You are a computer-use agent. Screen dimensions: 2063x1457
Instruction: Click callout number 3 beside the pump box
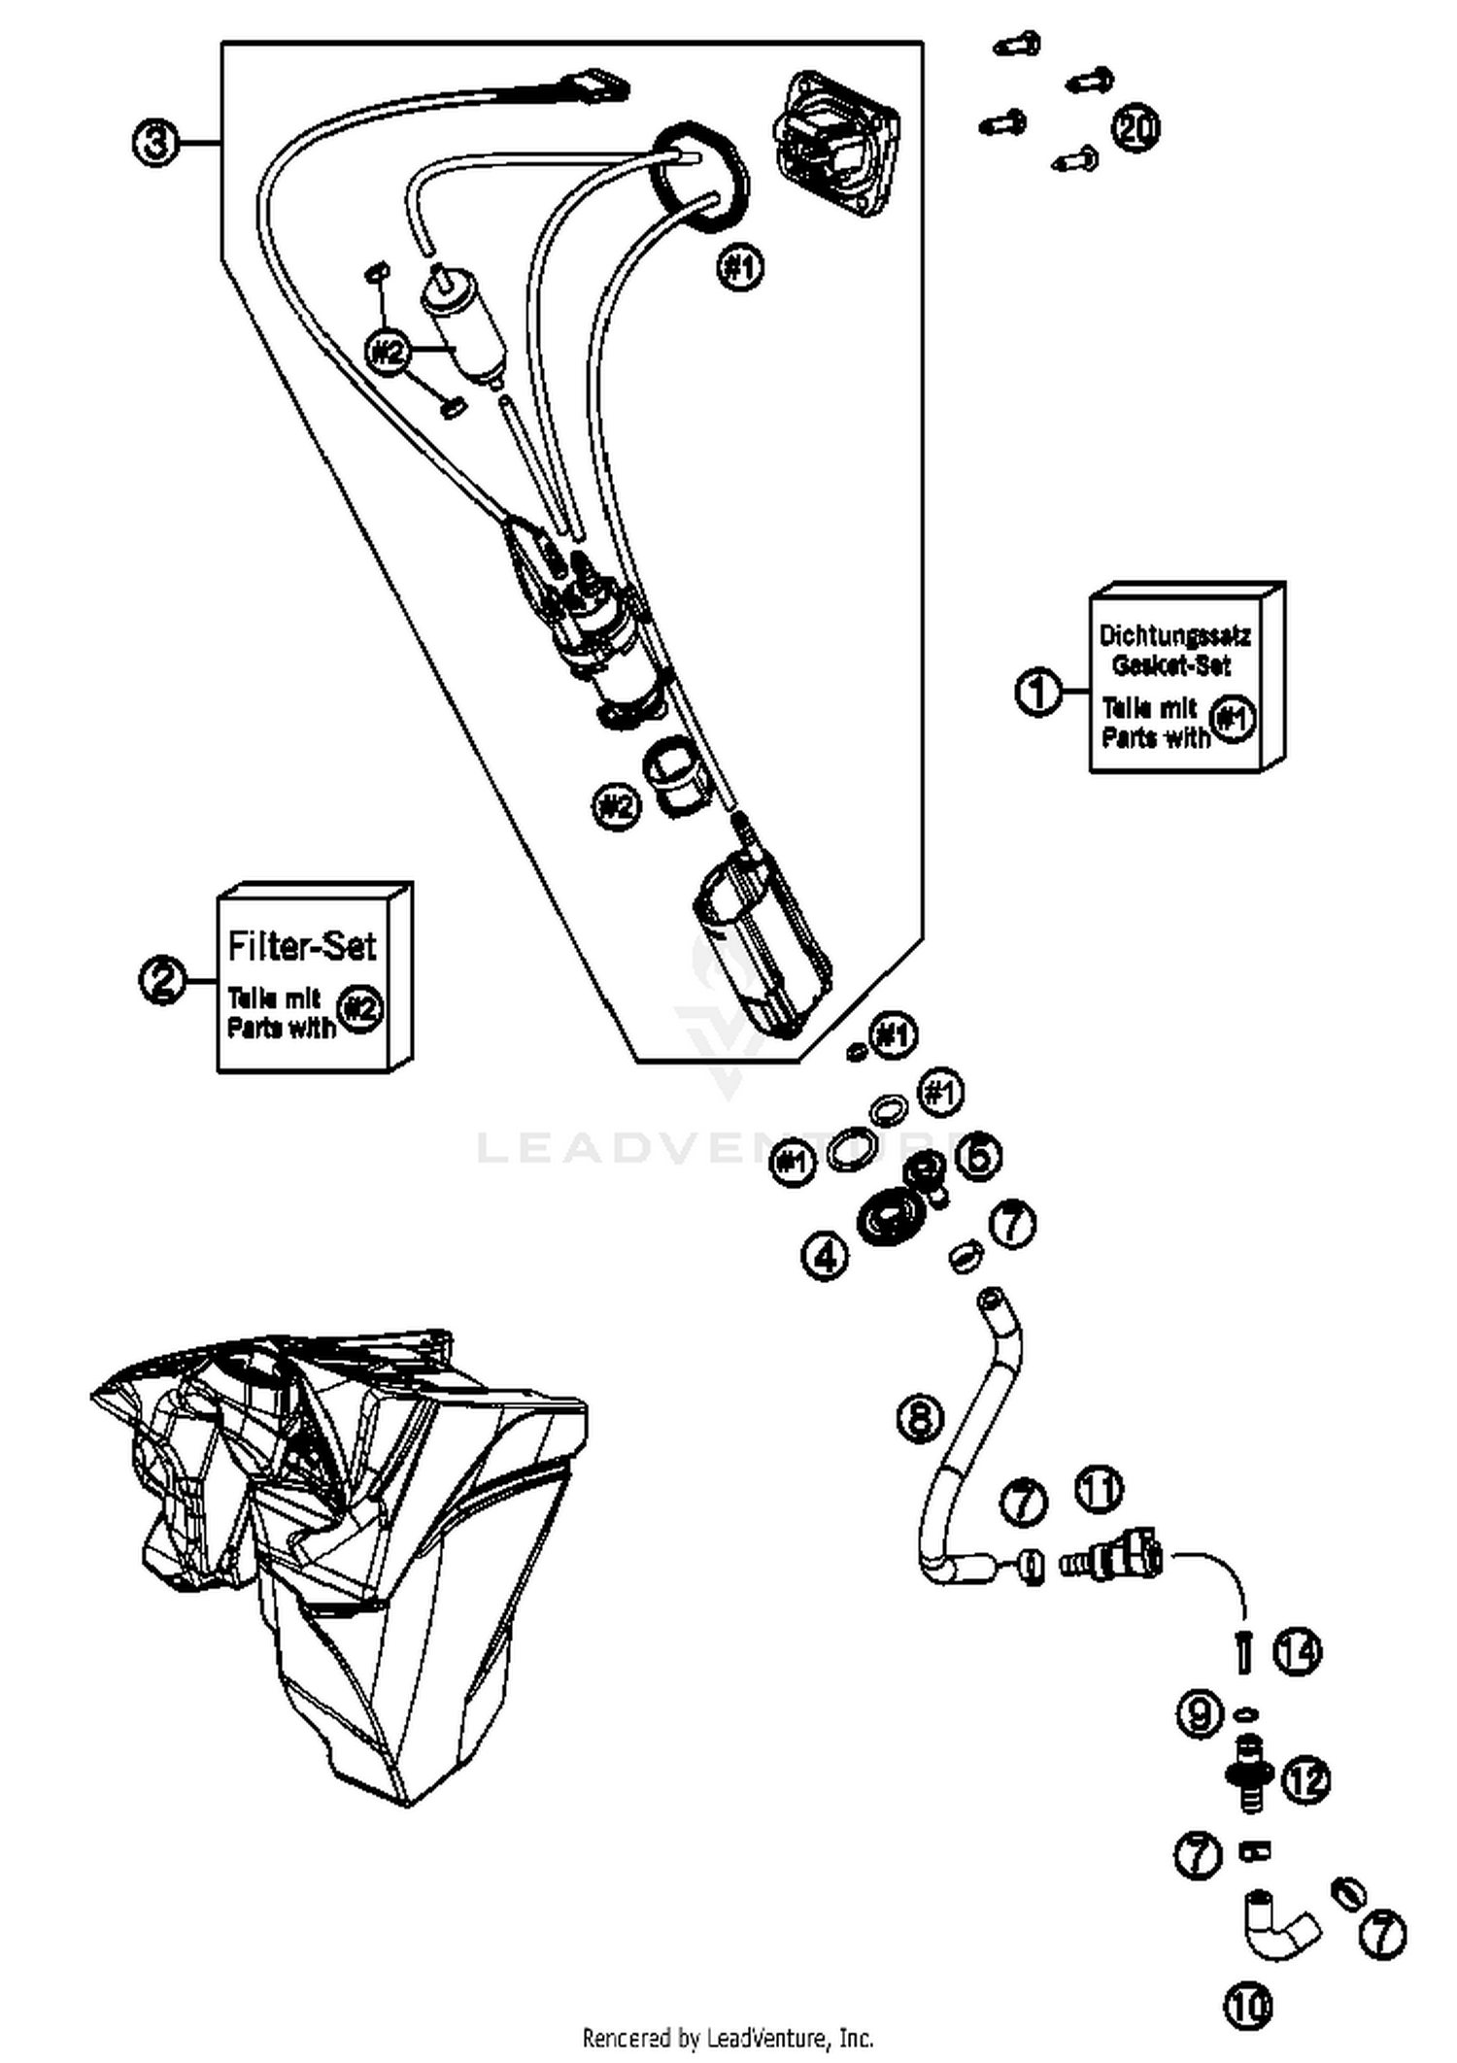coord(154,143)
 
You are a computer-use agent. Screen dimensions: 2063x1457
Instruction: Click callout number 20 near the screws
coord(1135,127)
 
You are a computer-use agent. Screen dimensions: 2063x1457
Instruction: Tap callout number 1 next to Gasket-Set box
coord(1038,692)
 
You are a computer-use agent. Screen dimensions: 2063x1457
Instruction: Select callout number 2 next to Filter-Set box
coord(162,979)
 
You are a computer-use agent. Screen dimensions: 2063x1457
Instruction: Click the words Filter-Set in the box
coord(301,945)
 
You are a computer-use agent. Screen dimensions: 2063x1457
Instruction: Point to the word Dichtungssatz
coord(1174,635)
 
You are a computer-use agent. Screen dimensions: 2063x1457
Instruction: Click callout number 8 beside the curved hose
coord(920,1417)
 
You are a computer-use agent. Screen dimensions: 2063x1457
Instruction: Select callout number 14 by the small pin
coord(1299,1650)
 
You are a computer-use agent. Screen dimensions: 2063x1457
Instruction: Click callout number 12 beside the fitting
coord(1305,1779)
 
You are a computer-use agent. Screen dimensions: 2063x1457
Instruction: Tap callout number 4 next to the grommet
coord(825,1256)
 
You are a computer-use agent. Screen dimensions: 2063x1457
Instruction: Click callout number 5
coord(979,1156)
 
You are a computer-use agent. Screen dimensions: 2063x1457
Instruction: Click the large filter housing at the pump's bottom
coord(762,942)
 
